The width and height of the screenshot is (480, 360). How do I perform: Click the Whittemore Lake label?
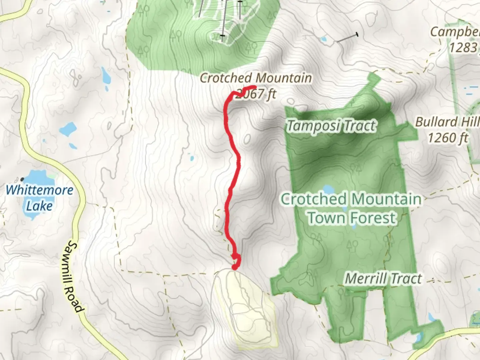39,198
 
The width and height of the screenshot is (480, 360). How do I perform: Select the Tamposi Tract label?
331,126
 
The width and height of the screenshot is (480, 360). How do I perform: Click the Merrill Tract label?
383,279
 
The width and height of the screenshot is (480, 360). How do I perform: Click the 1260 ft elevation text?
448,137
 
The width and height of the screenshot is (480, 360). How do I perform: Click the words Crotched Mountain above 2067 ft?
256,78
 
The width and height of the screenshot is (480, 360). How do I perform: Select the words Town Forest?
352,218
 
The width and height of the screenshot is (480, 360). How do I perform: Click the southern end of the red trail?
235,267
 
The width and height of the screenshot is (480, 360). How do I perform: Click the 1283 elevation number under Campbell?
463,48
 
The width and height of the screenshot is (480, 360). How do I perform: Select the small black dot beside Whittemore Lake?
22,179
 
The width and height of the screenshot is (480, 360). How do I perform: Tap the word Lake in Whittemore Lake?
39,206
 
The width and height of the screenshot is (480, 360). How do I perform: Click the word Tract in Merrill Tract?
406,279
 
